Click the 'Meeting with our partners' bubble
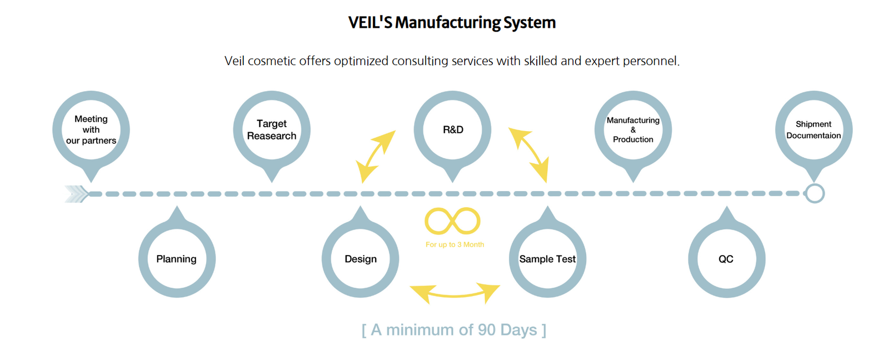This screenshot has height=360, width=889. tap(91, 129)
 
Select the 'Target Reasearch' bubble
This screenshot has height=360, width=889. tap(272, 129)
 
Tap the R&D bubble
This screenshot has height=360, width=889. tap(452, 129)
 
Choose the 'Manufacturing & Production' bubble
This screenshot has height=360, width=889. tap(633, 129)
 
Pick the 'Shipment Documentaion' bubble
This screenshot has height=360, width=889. tap(813, 129)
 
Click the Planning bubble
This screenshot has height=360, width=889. tap(177, 259)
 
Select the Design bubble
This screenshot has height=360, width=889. tap(360, 259)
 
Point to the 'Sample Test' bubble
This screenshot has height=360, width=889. tap(547, 259)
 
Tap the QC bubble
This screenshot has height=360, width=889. tap(726, 259)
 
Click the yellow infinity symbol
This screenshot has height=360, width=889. tap(452, 221)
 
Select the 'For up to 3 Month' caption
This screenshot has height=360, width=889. tap(455, 244)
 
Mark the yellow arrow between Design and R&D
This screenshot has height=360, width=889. tap(376, 156)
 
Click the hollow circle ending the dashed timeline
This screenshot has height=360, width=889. tap(815, 193)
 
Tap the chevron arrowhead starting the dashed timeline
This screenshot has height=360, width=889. tap(77, 193)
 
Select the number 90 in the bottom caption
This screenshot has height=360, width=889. tap(486, 330)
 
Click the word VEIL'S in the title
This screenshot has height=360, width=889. tap(370, 23)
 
